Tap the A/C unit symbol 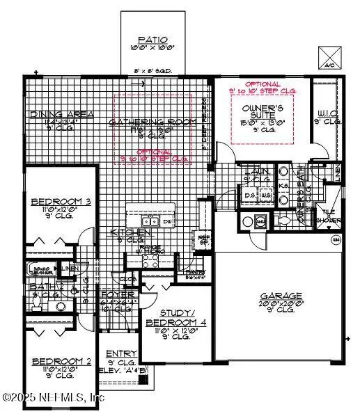tap(328, 56)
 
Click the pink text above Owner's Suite tap(262, 88)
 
